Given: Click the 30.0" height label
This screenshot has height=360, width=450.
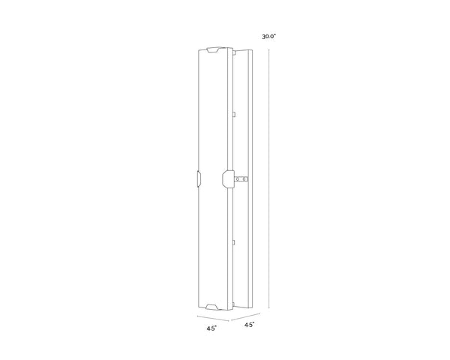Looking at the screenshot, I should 269,36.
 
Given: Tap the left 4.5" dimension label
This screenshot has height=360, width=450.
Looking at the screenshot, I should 212,328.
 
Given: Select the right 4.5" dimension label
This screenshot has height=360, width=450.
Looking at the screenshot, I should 248,324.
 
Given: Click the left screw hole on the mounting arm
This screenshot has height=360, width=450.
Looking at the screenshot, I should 238,180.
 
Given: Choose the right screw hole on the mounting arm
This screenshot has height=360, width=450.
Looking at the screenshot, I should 244,180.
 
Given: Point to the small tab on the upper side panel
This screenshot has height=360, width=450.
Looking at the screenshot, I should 235,114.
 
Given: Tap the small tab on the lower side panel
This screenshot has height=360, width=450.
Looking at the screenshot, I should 235,241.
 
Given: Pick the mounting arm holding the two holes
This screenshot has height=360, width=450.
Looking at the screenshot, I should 242,180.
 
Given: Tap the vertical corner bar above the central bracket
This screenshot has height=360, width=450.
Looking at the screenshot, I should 228,112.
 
